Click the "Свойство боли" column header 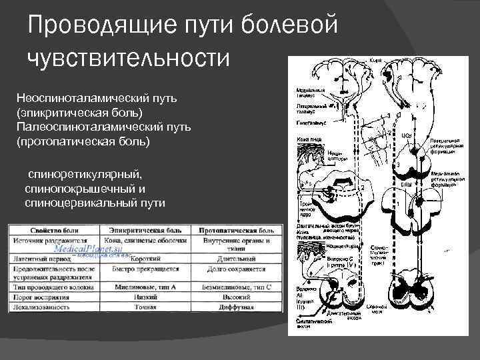tap(53, 230)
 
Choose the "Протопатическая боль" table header tap(235, 230)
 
